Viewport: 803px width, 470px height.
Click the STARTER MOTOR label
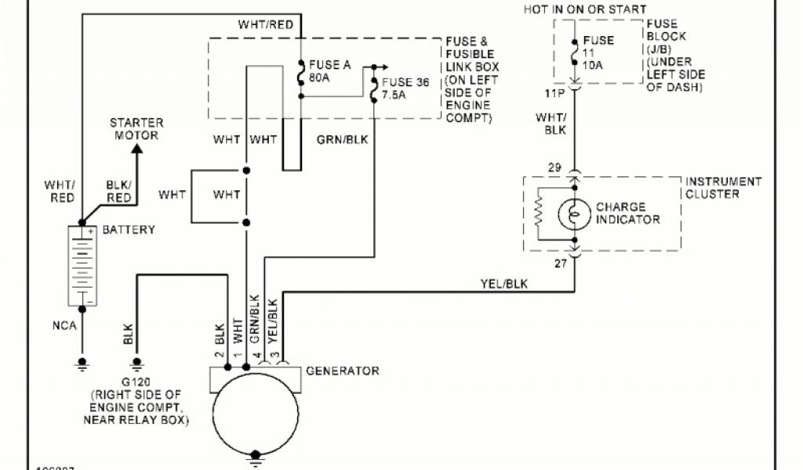pos(136,128)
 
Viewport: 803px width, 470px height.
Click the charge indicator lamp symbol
pos(575,213)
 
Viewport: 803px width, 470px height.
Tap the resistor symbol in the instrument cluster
pos(539,214)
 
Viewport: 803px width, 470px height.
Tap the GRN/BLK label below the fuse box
pos(343,140)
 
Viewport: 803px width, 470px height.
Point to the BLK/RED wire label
pos(118,192)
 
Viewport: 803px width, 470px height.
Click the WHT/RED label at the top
pos(266,25)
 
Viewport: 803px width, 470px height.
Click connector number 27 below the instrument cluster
pos(561,263)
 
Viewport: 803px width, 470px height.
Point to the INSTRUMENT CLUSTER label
pos(723,187)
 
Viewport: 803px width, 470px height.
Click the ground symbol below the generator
pos(256,457)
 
